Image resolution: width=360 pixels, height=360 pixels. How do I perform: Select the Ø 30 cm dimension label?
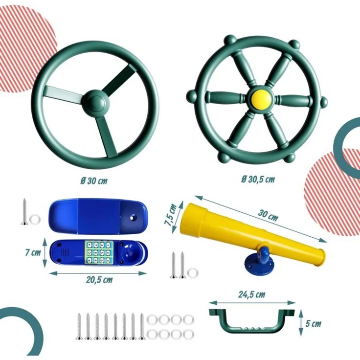click(x=94, y=181)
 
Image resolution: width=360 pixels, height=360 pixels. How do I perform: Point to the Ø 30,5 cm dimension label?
click(x=258, y=179)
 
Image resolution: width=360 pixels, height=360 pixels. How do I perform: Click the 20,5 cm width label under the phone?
click(x=99, y=280)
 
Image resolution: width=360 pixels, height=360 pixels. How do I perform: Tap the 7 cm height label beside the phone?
click(x=33, y=253)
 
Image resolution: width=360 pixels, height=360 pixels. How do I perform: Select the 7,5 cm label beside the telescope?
click(x=171, y=215)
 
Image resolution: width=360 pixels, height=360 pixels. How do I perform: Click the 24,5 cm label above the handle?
click(x=251, y=294)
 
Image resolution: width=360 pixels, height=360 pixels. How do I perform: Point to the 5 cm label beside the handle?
click(x=313, y=324)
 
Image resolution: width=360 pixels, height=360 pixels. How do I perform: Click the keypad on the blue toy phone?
click(x=99, y=252)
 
